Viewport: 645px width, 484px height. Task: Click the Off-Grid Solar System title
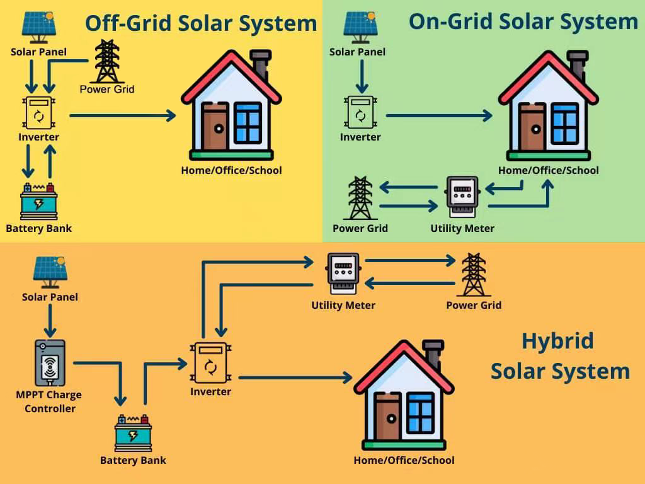[201, 23]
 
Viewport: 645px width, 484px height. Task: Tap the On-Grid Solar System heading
[523, 21]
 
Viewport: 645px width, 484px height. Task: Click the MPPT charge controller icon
[50, 363]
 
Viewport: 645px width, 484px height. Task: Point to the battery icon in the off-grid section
[38, 201]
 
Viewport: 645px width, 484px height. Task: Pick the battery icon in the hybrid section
[133, 432]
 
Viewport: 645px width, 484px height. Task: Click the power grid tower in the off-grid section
[107, 61]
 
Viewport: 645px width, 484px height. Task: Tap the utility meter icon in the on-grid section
[462, 197]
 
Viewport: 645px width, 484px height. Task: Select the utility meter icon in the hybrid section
[343, 274]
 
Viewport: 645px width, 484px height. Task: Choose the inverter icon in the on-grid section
[361, 112]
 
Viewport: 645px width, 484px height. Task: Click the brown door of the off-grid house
[215, 127]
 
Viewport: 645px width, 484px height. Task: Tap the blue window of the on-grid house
[565, 122]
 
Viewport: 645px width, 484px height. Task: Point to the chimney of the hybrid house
[433, 354]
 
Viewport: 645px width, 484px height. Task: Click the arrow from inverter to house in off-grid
[123, 116]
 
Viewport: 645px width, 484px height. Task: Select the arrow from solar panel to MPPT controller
[50, 320]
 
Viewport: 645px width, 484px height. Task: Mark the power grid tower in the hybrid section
[474, 275]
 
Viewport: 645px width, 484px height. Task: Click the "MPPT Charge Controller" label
[49, 401]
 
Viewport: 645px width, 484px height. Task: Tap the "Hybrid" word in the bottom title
[558, 341]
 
